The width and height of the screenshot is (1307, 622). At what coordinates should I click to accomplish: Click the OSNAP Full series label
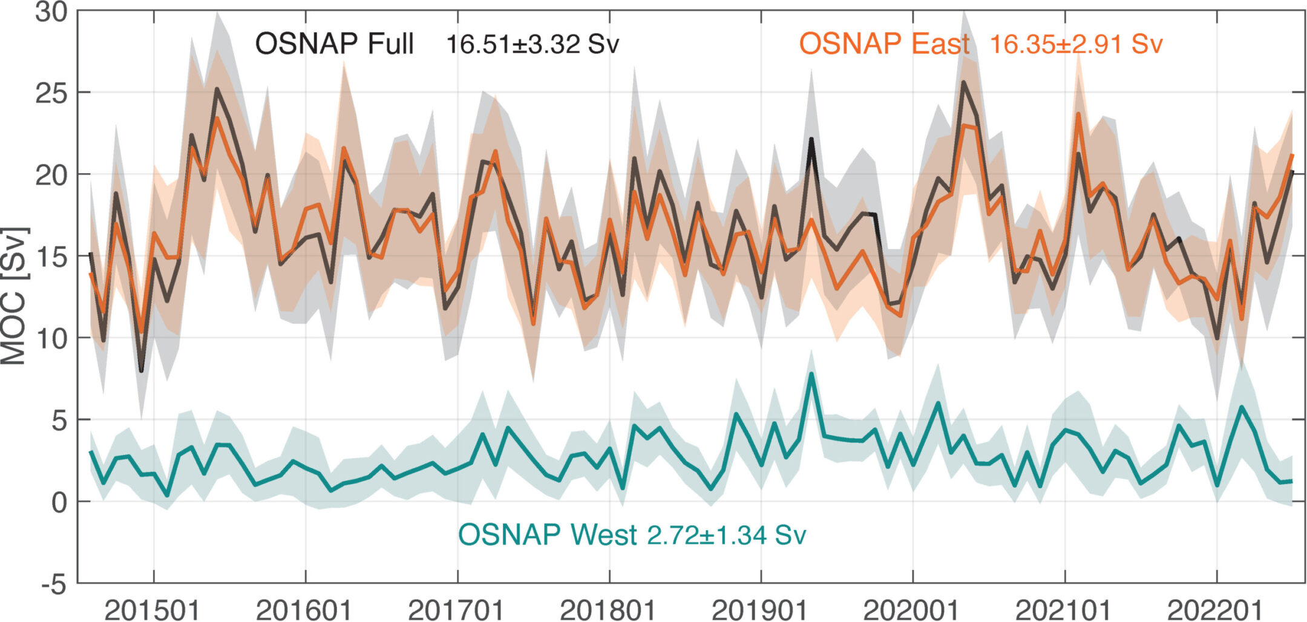click(335, 44)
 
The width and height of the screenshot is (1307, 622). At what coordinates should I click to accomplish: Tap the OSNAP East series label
click(885, 44)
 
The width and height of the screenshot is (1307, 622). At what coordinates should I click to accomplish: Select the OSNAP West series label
click(548, 535)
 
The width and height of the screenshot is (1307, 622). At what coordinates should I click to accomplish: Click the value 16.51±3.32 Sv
click(533, 45)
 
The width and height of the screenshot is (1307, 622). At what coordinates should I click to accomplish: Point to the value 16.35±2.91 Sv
click(1076, 44)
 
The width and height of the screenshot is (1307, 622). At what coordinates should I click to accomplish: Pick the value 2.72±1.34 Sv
click(727, 535)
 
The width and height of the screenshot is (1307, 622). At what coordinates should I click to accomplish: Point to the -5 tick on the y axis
click(53, 585)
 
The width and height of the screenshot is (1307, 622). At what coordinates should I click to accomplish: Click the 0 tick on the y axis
click(59, 502)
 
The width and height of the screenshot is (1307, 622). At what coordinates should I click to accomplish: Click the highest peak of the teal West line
click(811, 373)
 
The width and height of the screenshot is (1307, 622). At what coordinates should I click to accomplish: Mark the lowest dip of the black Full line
click(142, 371)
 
